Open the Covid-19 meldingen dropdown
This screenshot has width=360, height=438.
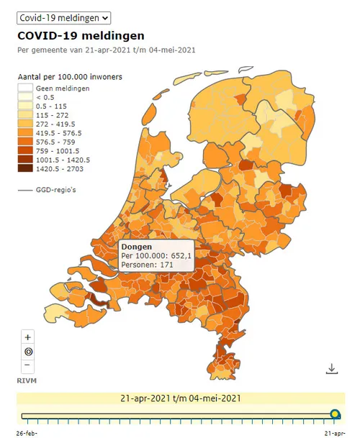pyautogui.click(x=64, y=17)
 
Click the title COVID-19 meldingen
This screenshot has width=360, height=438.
pyautogui.click(x=81, y=35)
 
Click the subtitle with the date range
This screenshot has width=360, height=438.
pyautogui.click(x=107, y=50)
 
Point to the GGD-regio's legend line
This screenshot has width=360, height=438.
pyautogui.click(x=25, y=190)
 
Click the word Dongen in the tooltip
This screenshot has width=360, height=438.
pyautogui.click(x=137, y=247)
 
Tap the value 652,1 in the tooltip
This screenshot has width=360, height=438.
pyautogui.click(x=179, y=256)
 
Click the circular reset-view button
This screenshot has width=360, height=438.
pyautogui.click(x=28, y=352)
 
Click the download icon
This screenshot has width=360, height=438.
pyautogui.click(x=331, y=368)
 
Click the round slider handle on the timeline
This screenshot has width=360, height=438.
pyautogui.click(x=335, y=414)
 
